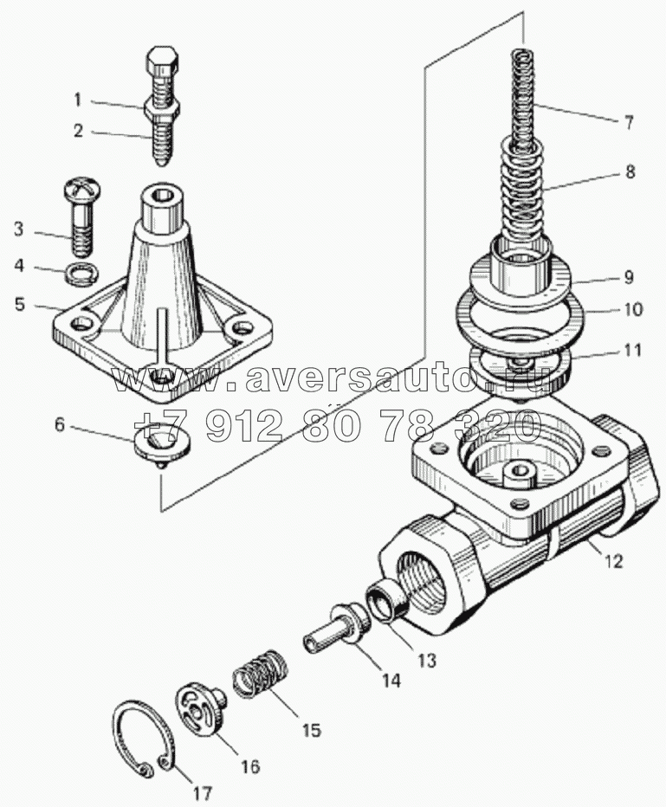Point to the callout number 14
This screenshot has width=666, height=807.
click(391, 680)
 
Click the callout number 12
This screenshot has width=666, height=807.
click(613, 560)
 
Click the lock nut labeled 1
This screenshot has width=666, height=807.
click(163, 109)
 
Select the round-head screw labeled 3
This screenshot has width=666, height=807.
click(81, 216)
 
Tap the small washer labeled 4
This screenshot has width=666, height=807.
click(82, 272)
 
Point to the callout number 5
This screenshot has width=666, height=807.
click(20, 304)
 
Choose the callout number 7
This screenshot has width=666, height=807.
click(629, 122)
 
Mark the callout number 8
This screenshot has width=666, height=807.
click(630, 171)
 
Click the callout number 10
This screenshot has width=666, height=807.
click(633, 309)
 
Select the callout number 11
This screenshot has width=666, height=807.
click(632, 350)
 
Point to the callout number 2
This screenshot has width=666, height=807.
click(78, 131)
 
